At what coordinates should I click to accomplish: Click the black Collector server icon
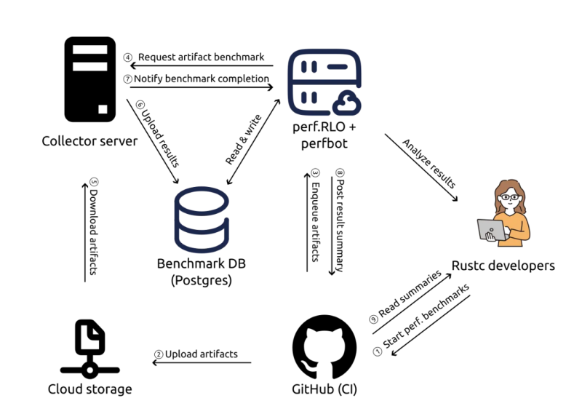(89, 79)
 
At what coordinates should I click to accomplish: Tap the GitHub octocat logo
(324, 346)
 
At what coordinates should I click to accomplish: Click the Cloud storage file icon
(90, 337)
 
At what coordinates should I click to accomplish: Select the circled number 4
(128, 57)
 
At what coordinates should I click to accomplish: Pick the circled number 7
(128, 79)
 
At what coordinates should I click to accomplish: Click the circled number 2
(158, 355)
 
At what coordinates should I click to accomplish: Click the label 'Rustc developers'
(503, 266)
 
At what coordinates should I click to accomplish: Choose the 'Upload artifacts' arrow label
(202, 354)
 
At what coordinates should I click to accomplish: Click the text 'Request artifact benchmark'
(201, 57)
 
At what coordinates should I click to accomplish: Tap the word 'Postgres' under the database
(201, 281)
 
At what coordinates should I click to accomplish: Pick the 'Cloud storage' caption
(90, 389)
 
